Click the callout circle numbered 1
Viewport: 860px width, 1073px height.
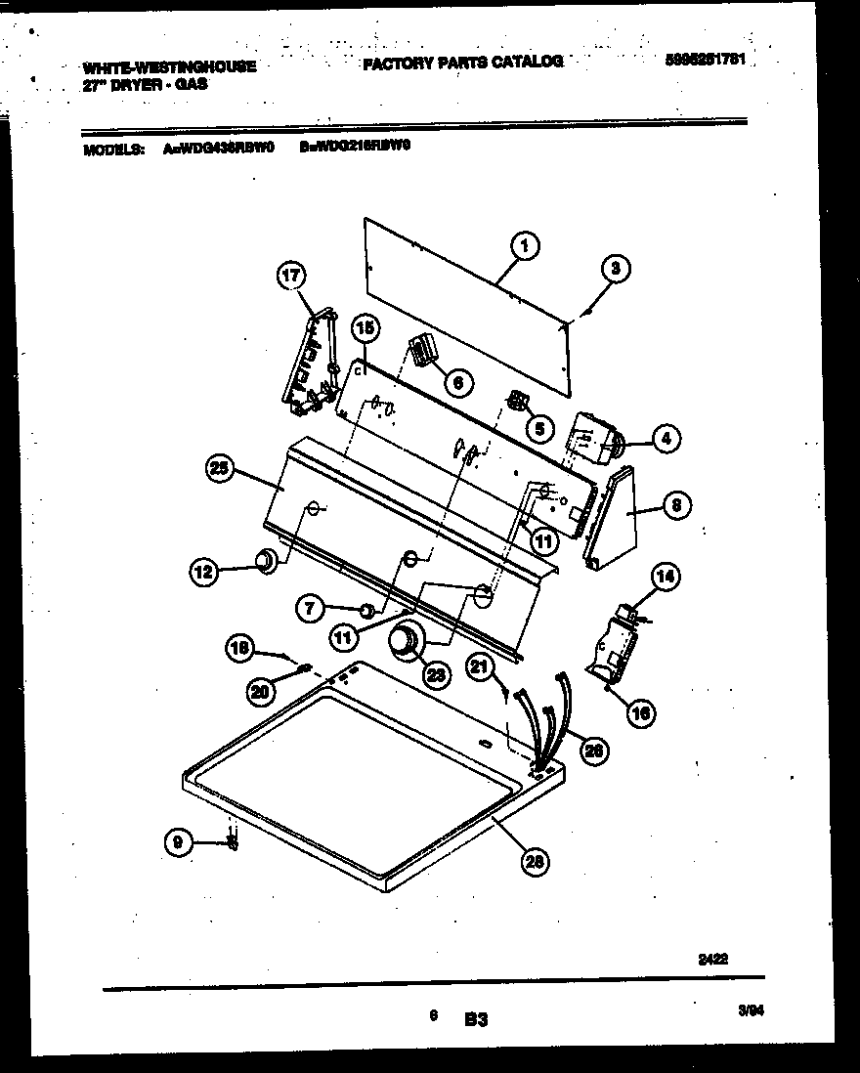pyautogui.click(x=524, y=246)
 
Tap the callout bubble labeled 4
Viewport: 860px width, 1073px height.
pyautogui.click(x=665, y=439)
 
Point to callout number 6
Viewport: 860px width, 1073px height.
pyautogui.click(x=456, y=381)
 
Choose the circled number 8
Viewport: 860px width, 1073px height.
pyautogui.click(x=675, y=505)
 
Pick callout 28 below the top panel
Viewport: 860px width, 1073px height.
pyautogui.click(x=535, y=860)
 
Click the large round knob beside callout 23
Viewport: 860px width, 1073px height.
pyautogui.click(x=403, y=641)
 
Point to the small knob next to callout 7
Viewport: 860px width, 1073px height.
pyautogui.click(x=365, y=612)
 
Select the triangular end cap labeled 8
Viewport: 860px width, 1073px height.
pyautogui.click(x=612, y=518)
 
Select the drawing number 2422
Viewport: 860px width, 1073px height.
pyautogui.click(x=713, y=960)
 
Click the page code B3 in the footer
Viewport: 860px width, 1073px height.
pyautogui.click(x=476, y=1019)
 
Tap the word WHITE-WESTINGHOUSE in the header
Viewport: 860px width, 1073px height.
pyautogui.click(x=170, y=67)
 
